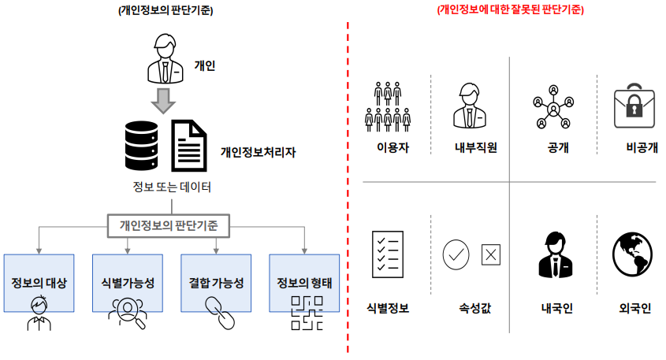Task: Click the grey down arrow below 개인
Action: tap(164, 100)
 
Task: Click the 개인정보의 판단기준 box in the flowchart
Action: tap(170, 225)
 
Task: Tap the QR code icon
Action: tap(304, 311)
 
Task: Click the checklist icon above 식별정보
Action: tap(388, 254)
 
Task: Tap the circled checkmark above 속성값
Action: tap(456, 254)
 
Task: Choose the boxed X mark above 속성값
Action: tap(491, 254)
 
